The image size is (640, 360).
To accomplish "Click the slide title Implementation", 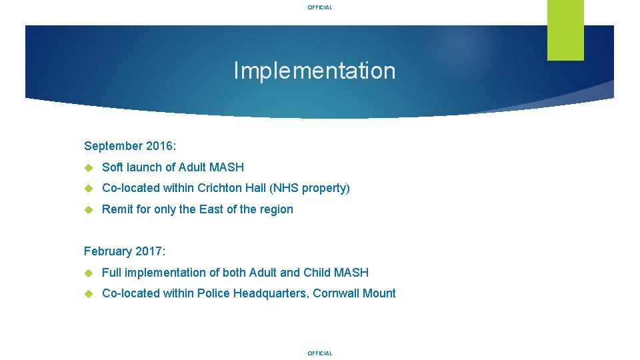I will [314, 71].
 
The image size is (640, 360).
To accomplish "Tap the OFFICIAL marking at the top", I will [319, 7].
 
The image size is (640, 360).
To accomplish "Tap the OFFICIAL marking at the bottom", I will [319, 353].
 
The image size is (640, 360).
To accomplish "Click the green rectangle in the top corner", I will [565, 30].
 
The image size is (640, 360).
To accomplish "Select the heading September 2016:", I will [130, 146].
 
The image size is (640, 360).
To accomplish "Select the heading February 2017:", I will [125, 251].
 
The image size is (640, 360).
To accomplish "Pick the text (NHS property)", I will [309, 188].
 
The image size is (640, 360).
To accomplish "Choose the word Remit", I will [117, 209].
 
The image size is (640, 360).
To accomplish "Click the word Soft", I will [113, 167].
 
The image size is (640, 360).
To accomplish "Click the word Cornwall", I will [337, 293].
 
